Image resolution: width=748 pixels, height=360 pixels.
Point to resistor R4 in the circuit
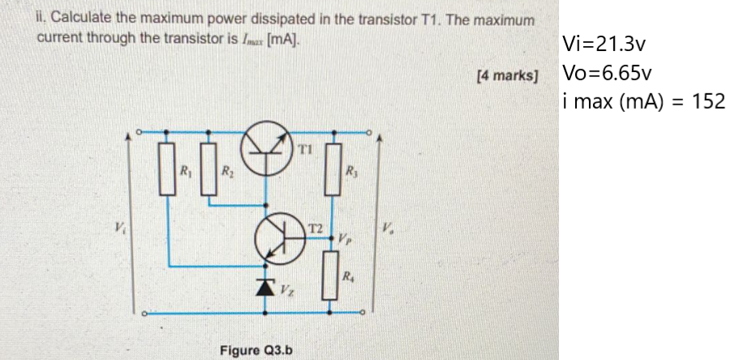(332, 273)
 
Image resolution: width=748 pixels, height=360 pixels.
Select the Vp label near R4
(347, 240)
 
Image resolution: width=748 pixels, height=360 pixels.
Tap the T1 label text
(305, 149)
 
